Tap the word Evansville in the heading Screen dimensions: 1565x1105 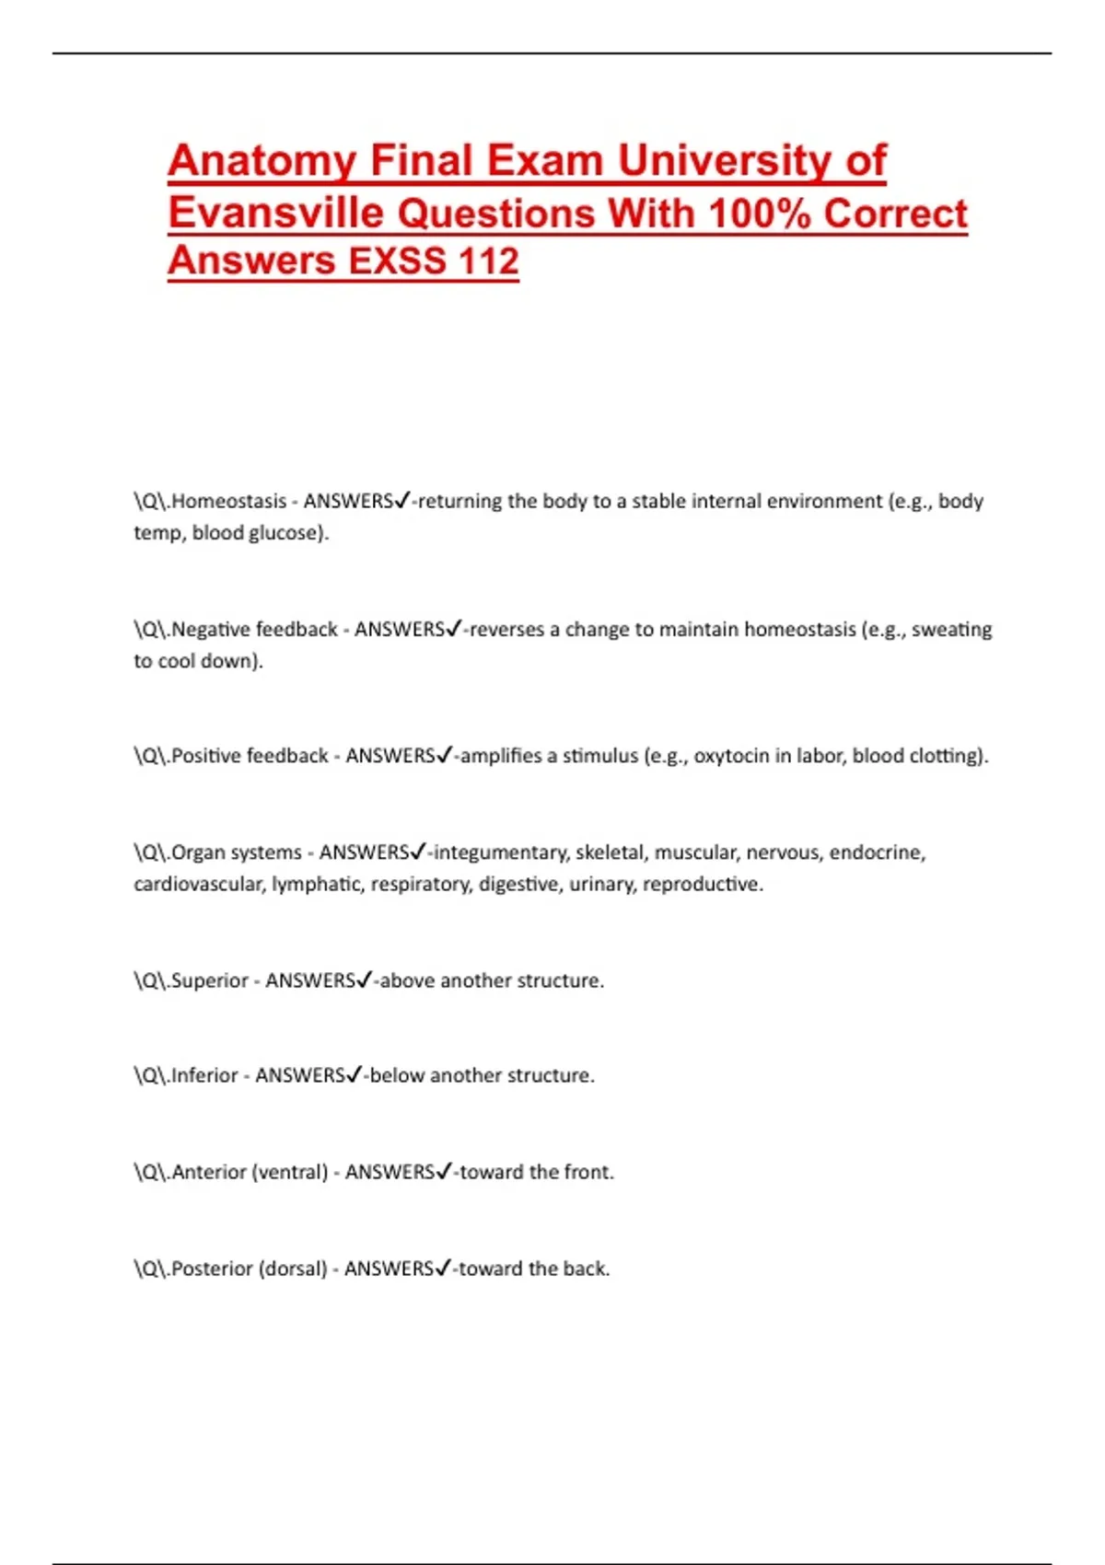[275, 214]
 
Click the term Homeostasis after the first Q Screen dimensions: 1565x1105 [228, 501]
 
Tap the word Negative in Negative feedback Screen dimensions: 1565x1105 [207, 629]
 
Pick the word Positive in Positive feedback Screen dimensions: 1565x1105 [204, 755]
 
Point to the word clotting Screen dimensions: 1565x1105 [948, 755]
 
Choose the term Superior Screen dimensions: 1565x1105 [210, 980]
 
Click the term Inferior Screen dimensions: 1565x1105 [204, 1075]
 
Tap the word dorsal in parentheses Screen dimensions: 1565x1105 [293, 1269]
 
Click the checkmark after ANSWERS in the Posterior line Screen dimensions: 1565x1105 [443, 1269]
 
